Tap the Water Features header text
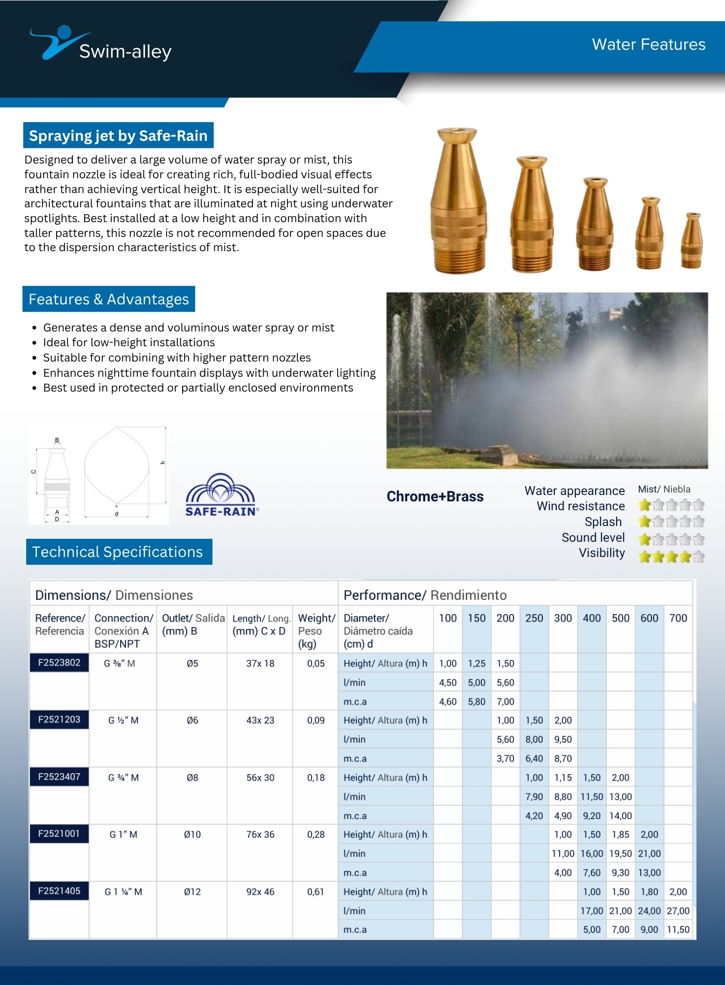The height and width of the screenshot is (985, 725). pos(648,45)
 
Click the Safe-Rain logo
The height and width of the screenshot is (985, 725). pos(221,495)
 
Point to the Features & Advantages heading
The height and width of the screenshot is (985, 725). pos(109,299)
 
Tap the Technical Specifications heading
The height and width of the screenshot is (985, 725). pos(118,552)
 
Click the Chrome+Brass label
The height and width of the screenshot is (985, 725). pos(435,496)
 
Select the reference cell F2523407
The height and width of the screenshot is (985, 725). pos(59,777)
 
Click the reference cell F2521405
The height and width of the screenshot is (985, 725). pos(59,891)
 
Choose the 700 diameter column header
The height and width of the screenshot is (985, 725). pos(678,618)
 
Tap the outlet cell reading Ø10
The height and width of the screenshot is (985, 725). pos(192,834)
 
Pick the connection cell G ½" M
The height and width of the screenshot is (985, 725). pos(123,720)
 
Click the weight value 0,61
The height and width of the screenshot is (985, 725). pos(315,891)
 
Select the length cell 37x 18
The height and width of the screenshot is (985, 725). pos(260,663)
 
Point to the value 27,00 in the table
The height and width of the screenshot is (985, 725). pos(678,911)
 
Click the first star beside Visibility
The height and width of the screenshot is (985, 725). pos(644,557)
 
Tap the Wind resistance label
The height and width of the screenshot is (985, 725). pos(580,506)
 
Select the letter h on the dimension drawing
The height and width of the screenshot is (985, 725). pos(163,463)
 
